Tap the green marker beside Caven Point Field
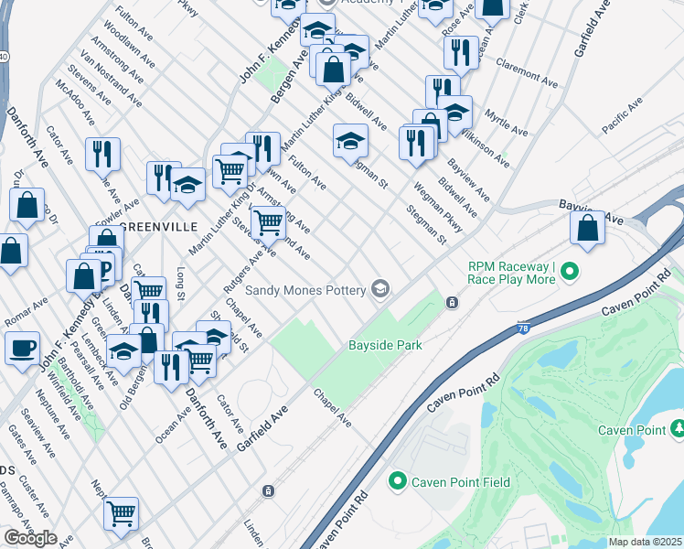click(397, 481)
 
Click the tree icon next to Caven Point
click(678, 429)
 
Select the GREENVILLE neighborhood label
click(153, 226)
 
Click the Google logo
click(30, 538)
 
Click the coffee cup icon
click(22, 348)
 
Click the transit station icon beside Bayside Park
click(451, 302)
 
